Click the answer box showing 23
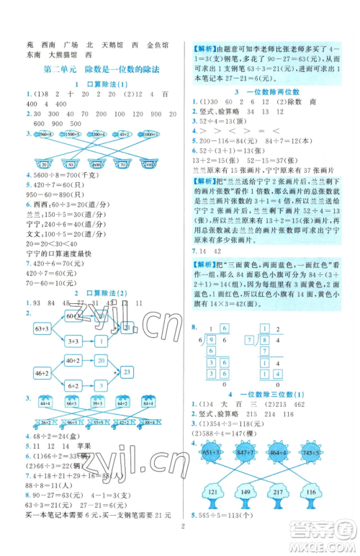pyautogui.click(x=126, y=372)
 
